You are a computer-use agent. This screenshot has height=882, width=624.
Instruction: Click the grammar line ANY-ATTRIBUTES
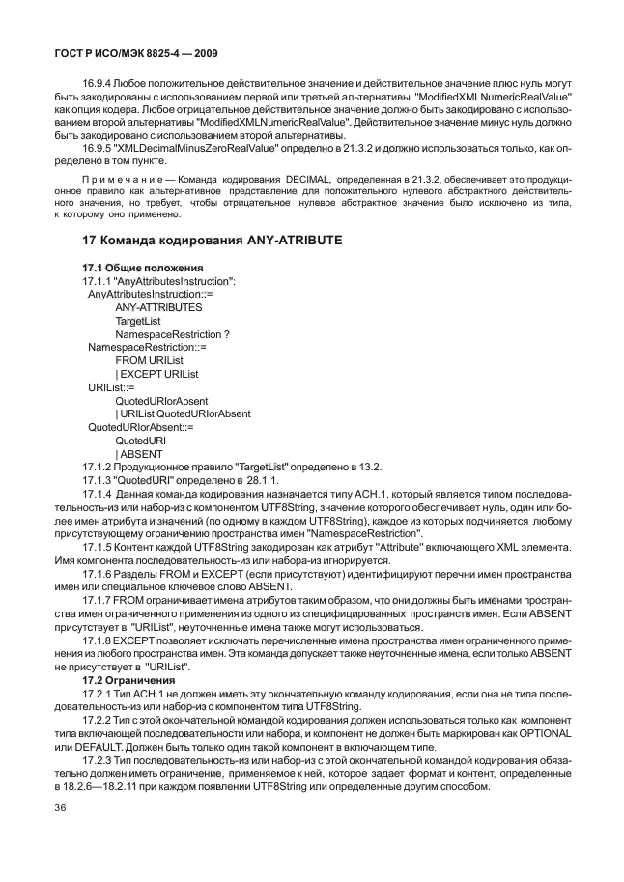[158, 307]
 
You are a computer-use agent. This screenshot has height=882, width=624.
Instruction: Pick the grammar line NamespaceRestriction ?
[172, 334]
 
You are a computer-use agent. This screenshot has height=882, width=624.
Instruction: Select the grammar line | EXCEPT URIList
[156, 374]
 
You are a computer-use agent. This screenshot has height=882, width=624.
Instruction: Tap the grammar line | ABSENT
[139, 454]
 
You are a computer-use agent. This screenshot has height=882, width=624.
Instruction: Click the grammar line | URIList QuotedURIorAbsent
[183, 413]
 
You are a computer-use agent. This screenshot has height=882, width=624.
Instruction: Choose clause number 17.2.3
[100, 761]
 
